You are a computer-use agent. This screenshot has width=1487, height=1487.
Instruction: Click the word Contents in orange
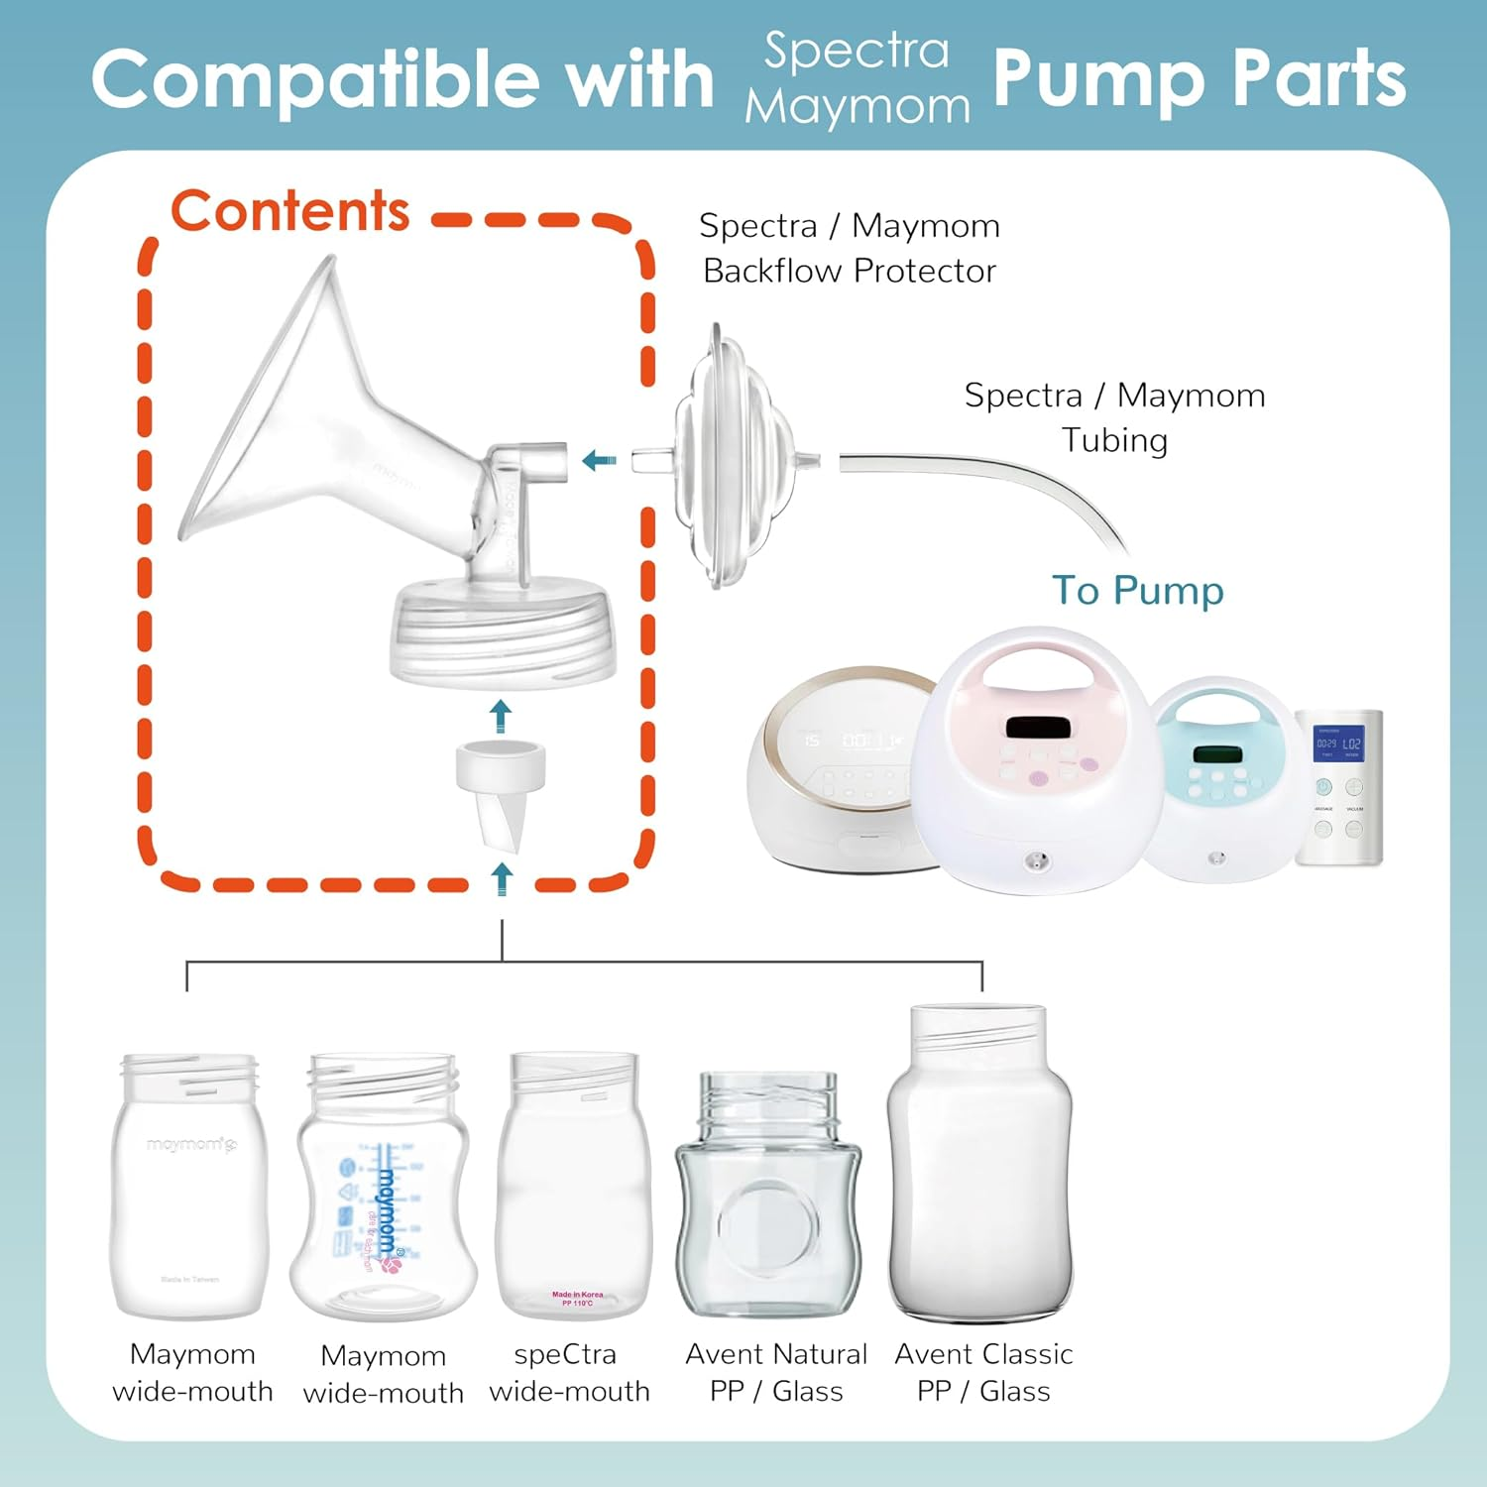click(289, 211)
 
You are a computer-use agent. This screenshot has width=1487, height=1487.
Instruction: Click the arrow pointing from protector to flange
click(599, 460)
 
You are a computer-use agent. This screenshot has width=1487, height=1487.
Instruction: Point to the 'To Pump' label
click(1137, 591)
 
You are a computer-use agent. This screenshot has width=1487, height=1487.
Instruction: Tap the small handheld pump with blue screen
click(1338, 788)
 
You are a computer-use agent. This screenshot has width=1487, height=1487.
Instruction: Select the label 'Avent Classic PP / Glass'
click(982, 1372)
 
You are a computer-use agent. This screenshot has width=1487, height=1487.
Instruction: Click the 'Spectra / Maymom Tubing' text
click(1114, 417)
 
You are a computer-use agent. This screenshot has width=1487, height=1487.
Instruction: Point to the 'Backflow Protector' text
click(849, 271)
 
